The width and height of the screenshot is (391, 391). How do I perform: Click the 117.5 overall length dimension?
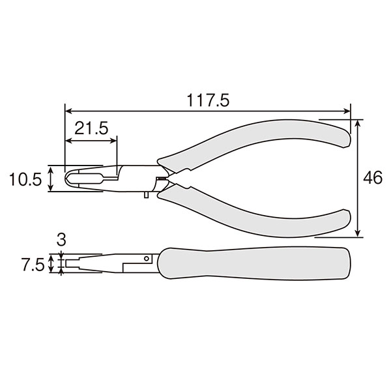tap(208, 100)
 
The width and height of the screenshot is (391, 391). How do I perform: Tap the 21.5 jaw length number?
tap(91, 128)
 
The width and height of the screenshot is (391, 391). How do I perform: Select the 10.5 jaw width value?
tap(25, 179)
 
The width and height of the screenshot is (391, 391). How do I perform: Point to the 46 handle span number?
tap(373, 177)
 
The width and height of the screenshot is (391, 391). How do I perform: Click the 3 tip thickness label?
tap(61, 240)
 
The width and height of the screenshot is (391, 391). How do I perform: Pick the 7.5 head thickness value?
tap(33, 265)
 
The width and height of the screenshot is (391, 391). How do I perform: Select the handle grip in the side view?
tap(254, 263)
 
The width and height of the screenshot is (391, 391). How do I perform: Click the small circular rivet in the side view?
tap(147, 258)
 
